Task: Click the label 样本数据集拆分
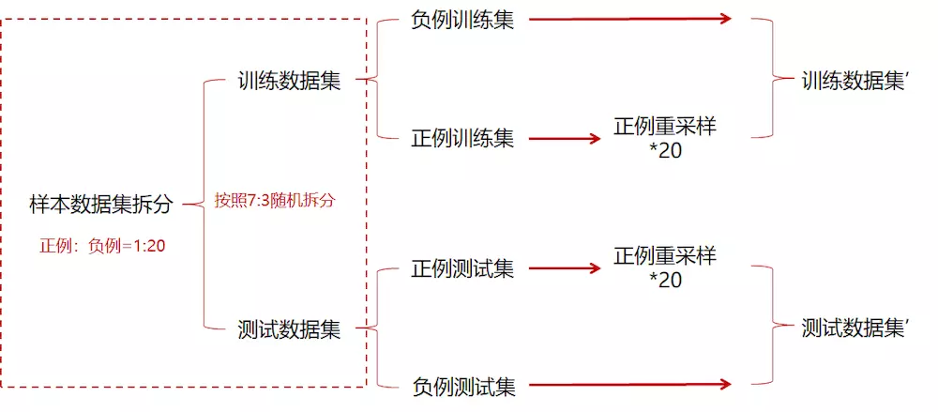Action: (x=101, y=205)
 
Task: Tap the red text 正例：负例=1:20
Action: (x=102, y=247)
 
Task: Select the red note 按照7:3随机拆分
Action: (x=274, y=201)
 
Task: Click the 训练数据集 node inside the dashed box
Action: (x=289, y=81)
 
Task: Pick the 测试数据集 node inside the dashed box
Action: (x=289, y=329)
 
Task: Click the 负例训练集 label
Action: (x=462, y=20)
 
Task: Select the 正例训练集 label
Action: (x=462, y=139)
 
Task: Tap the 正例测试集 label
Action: (x=462, y=269)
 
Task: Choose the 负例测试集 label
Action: (x=462, y=385)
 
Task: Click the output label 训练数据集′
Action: (x=856, y=81)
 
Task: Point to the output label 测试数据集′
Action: (x=856, y=328)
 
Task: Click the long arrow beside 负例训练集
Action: (x=629, y=19)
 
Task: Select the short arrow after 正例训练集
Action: (x=564, y=139)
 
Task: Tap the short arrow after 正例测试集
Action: (x=564, y=268)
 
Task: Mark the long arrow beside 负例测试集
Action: (x=629, y=384)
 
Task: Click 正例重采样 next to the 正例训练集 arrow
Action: (x=665, y=127)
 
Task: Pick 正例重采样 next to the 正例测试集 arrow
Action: (x=665, y=256)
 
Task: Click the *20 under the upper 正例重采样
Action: (x=665, y=150)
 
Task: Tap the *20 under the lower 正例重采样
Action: (x=665, y=280)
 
